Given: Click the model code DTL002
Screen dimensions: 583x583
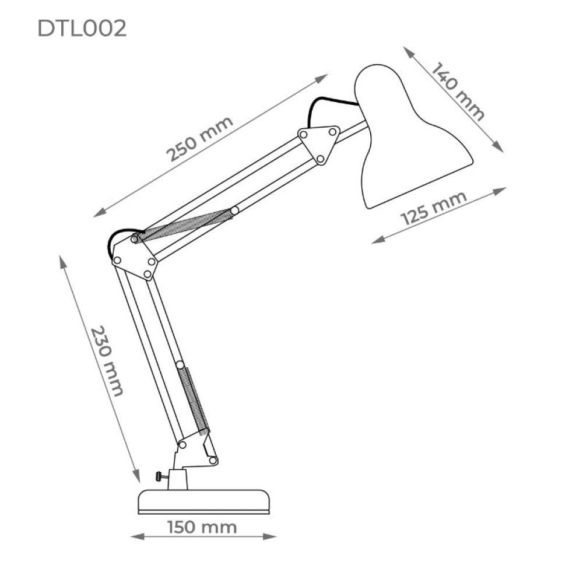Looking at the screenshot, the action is [x=82, y=28].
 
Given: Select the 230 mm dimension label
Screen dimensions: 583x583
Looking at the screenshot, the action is [x=107, y=361].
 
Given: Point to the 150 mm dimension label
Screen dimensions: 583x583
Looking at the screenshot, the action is [x=202, y=527].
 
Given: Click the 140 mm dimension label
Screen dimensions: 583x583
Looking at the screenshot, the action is [x=458, y=92].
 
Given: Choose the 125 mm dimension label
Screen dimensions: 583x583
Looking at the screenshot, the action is [x=434, y=208].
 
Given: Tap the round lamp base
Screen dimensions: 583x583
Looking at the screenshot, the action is [x=203, y=502].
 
